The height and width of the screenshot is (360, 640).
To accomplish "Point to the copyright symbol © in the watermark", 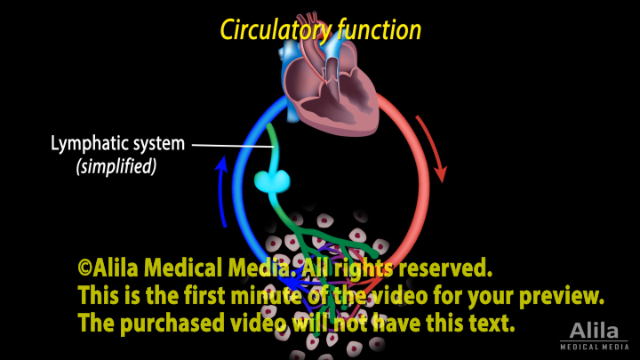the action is click(87, 268).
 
